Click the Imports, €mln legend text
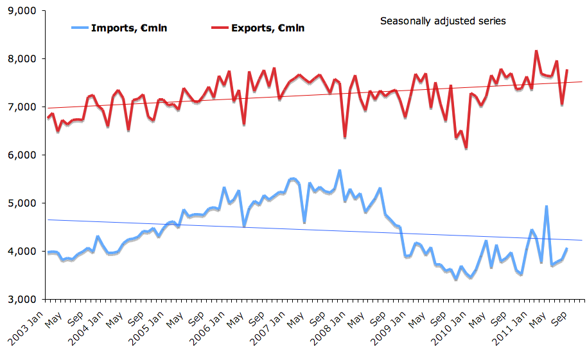tap(129, 28)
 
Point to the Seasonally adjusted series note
tap(442, 21)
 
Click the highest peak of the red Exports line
tap(536, 51)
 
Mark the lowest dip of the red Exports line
tap(466, 148)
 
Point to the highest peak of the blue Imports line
tap(339, 171)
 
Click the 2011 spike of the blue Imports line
tap(546, 207)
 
